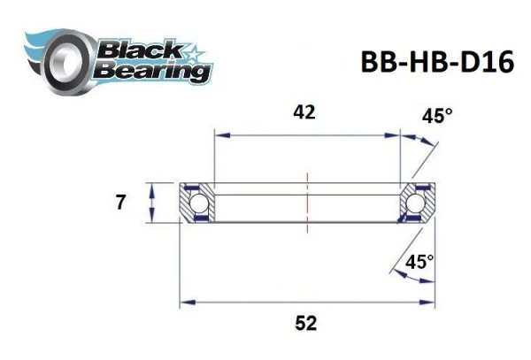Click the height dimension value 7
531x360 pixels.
coord(121,203)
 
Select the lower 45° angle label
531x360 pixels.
coord(419,263)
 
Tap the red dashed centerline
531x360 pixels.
coord(306,203)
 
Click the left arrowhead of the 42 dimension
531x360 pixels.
coord(217,135)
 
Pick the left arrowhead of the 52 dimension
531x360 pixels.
coord(187,303)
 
